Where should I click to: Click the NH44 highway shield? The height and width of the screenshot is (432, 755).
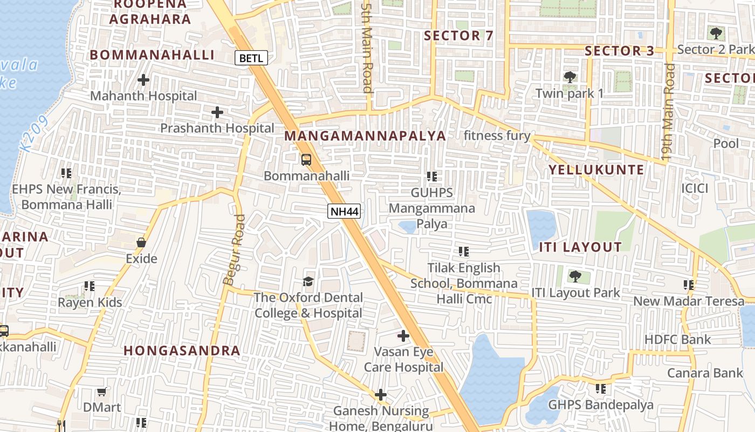[x=344, y=211]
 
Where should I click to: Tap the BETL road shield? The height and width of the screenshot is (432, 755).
[x=251, y=58]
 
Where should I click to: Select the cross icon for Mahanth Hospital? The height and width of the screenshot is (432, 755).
[x=143, y=80]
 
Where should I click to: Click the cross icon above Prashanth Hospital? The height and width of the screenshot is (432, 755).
[x=217, y=112]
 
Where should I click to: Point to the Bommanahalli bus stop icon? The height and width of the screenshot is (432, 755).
[x=306, y=160]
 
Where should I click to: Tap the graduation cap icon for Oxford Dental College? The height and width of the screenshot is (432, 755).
[x=308, y=281]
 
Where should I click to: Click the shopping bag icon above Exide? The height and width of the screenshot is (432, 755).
[x=141, y=242]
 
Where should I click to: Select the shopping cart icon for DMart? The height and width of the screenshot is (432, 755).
[x=102, y=391]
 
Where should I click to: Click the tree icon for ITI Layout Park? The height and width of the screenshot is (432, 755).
[x=575, y=276]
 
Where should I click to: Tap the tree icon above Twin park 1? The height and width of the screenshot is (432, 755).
[x=569, y=77]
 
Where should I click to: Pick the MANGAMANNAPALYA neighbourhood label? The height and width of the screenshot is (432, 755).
[x=365, y=136]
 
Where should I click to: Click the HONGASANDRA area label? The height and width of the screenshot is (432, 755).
[x=182, y=350]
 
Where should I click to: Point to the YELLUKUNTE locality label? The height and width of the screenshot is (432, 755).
[x=596, y=170]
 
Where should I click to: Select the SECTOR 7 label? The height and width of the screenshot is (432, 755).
[x=458, y=36]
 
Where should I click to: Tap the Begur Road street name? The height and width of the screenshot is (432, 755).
[x=234, y=249]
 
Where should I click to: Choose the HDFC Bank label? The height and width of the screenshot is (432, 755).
[x=678, y=339]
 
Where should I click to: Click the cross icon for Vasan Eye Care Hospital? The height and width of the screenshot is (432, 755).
[x=403, y=336]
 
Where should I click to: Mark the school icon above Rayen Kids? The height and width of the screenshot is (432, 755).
[x=90, y=286]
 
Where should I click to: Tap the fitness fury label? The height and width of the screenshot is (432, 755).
[x=497, y=136]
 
